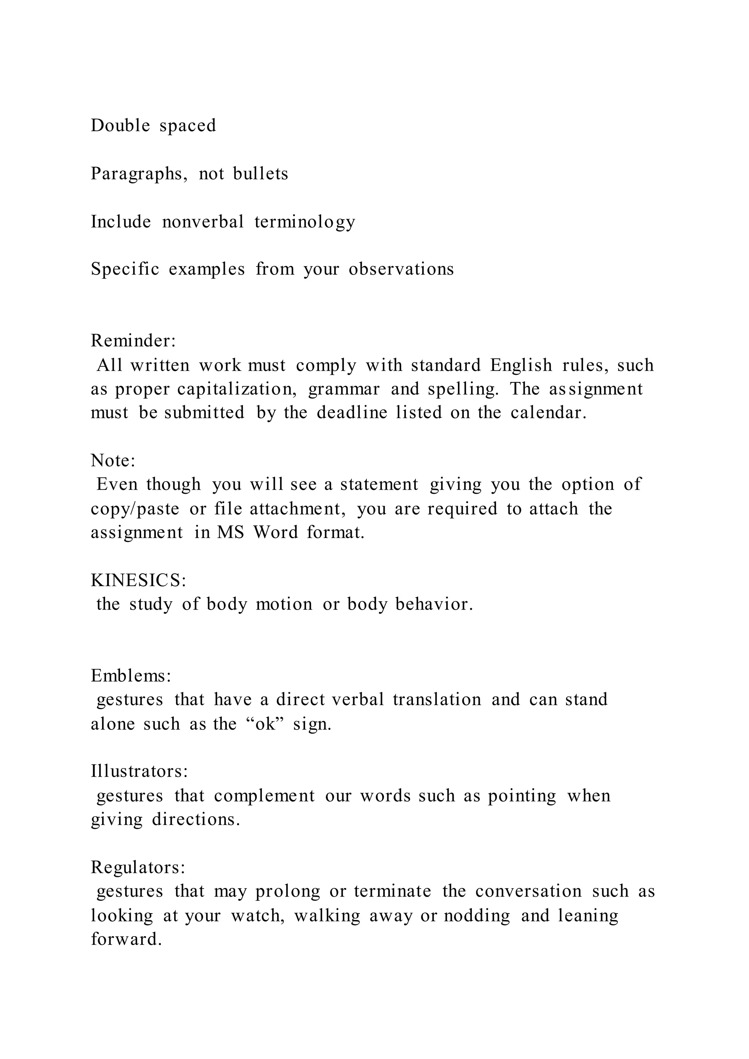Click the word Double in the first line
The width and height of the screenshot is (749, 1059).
click(x=120, y=125)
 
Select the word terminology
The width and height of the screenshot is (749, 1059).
click(x=305, y=222)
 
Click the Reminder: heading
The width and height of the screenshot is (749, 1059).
click(x=133, y=341)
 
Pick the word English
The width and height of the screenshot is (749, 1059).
click(x=521, y=365)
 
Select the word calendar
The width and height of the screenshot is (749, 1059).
click(x=548, y=412)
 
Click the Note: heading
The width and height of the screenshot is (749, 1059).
click(x=113, y=460)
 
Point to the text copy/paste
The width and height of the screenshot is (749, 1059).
click(x=135, y=509)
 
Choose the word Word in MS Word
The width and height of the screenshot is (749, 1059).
click(x=275, y=532)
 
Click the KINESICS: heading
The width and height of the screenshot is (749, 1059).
click(x=138, y=580)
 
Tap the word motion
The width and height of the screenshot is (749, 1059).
click(x=284, y=604)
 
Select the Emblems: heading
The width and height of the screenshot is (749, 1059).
click(x=131, y=676)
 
